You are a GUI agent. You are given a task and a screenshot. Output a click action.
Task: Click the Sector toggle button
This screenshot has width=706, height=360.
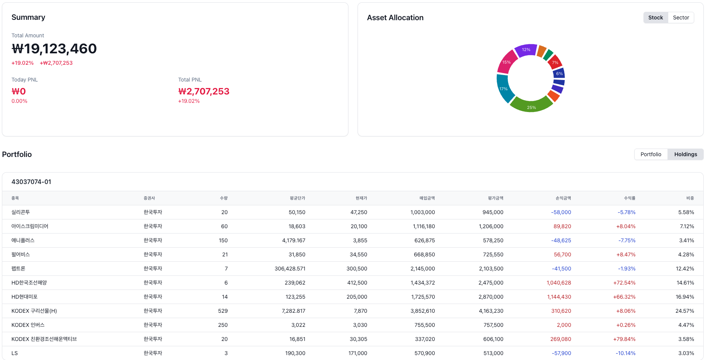click(x=681, y=18)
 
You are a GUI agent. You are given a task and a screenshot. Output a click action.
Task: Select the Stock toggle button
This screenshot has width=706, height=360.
click(x=656, y=18)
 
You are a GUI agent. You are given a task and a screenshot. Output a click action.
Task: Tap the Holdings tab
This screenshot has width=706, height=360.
click(x=685, y=154)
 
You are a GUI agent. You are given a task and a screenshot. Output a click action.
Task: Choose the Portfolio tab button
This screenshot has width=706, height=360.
click(x=651, y=154)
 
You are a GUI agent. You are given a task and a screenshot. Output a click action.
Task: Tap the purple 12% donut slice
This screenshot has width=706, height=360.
click(x=526, y=50)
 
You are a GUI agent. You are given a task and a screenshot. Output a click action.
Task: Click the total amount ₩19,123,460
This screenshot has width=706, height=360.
click(x=54, y=49)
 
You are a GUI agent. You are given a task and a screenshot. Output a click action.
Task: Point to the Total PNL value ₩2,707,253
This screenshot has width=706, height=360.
click(x=204, y=91)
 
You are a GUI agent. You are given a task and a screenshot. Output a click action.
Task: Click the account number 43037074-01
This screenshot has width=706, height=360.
click(x=31, y=182)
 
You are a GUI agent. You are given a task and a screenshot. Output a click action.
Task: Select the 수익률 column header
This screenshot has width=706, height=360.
click(x=629, y=198)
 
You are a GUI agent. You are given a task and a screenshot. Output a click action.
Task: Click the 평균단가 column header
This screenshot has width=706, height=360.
click(x=297, y=198)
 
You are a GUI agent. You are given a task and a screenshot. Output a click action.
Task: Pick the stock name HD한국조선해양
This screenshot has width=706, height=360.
click(x=29, y=283)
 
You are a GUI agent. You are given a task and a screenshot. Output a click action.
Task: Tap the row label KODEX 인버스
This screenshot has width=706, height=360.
click(x=28, y=325)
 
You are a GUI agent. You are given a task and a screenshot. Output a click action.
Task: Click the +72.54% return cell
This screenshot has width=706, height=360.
click(x=624, y=283)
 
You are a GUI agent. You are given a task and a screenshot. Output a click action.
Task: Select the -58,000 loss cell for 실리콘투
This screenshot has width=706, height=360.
click(x=561, y=212)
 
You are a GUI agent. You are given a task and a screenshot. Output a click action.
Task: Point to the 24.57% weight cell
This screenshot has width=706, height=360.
click(x=685, y=311)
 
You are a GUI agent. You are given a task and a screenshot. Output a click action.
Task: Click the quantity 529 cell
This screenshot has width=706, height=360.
click(x=223, y=311)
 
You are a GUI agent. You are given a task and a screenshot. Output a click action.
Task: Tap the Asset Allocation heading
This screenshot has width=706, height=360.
click(x=395, y=18)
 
